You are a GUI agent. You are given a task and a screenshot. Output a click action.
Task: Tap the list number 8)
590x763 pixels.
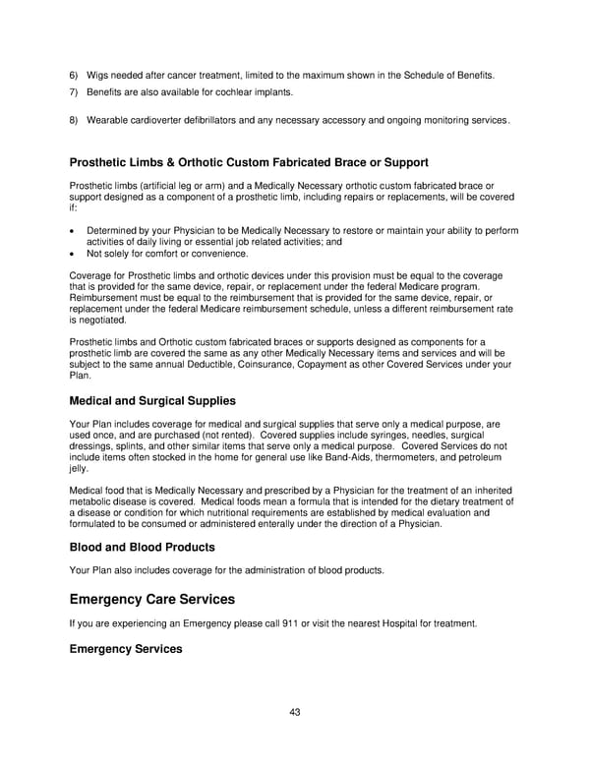click(x=74, y=121)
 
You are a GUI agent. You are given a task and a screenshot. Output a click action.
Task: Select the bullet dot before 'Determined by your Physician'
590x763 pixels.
click(x=74, y=231)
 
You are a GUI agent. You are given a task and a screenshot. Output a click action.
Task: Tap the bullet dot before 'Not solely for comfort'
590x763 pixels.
click(x=74, y=253)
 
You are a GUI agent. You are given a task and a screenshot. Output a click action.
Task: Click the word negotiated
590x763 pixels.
click(x=102, y=320)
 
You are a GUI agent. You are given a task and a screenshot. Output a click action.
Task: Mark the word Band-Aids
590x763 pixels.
click(x=331, y=458)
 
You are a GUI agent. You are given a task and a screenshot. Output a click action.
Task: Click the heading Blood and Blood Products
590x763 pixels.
click(x=142, y=547)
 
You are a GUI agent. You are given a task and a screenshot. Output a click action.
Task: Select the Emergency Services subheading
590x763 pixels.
click(x=125, y=649)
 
